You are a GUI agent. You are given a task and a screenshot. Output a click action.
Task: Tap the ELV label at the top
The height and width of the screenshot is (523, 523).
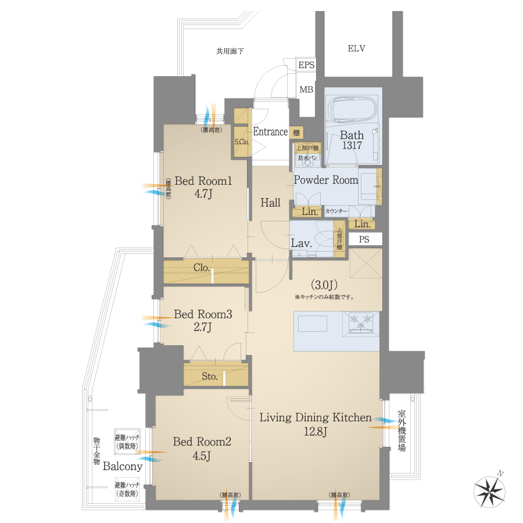[356, 49]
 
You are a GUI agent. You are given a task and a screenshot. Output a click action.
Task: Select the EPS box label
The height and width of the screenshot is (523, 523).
[306, 65]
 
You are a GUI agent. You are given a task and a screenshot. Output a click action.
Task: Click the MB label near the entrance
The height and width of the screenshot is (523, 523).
[306, 89]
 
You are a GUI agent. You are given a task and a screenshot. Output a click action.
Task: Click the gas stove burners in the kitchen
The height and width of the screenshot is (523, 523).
[361, 322]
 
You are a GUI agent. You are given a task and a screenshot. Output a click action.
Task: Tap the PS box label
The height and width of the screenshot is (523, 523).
[364, 239]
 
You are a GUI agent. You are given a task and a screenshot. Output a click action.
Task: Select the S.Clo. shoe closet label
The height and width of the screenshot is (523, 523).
[241, 141]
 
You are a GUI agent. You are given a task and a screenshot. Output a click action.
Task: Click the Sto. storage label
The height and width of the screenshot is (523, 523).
[210, 377]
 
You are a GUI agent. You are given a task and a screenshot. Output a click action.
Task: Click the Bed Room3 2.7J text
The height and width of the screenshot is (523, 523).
[203, 321]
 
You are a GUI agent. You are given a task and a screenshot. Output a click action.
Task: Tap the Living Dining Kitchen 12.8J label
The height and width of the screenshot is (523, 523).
[315, 424]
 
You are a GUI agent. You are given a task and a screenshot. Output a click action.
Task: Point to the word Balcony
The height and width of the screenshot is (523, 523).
[123, 466]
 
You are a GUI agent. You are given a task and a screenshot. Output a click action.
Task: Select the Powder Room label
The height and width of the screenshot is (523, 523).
[325, 180]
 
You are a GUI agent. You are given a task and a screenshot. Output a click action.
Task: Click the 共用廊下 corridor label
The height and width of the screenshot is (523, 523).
[230, 52]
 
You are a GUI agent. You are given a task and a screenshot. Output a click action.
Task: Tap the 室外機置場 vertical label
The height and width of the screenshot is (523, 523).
[402, 431]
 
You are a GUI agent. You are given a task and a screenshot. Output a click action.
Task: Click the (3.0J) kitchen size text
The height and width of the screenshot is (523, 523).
[323, 285]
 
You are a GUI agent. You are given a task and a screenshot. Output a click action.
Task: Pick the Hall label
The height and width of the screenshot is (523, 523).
[270, 203]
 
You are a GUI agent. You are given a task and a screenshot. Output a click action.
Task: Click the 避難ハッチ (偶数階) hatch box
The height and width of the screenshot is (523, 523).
[126, 442]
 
